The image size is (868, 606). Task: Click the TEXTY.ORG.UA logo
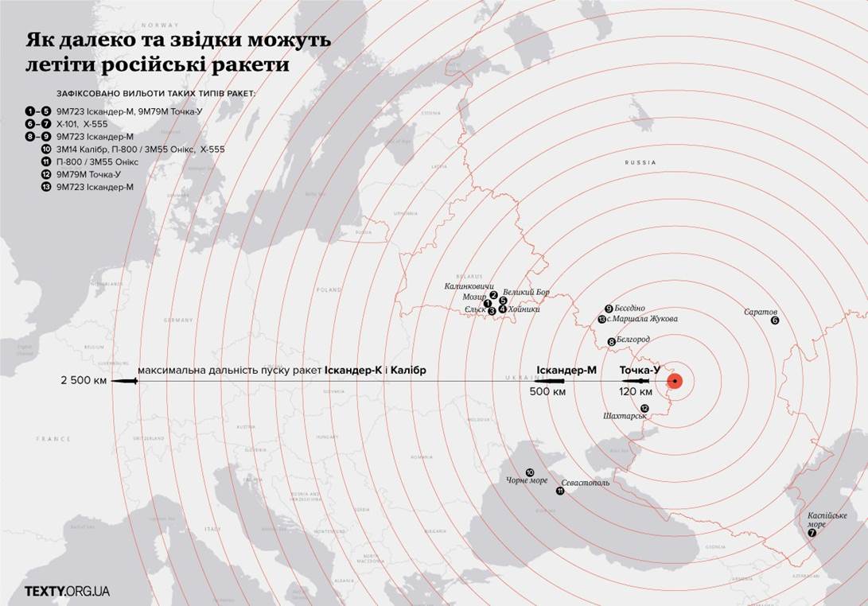coord(68,591)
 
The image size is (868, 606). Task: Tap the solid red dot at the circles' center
coord(675,381)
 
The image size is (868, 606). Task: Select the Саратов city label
coord(761,312)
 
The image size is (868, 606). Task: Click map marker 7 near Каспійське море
coord(812,534)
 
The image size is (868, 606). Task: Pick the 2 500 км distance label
coord(83,381)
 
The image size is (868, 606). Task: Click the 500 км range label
coord(549,391)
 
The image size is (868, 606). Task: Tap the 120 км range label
coord(636,391)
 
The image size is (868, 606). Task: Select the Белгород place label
coord(633,340)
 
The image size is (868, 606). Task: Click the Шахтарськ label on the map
coord(625,416)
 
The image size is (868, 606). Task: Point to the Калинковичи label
coord(469,286)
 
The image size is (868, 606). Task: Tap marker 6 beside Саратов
coord(775,320)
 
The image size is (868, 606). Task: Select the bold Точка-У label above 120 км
coord(640,370)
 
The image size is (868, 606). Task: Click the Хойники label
coord(524,309)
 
